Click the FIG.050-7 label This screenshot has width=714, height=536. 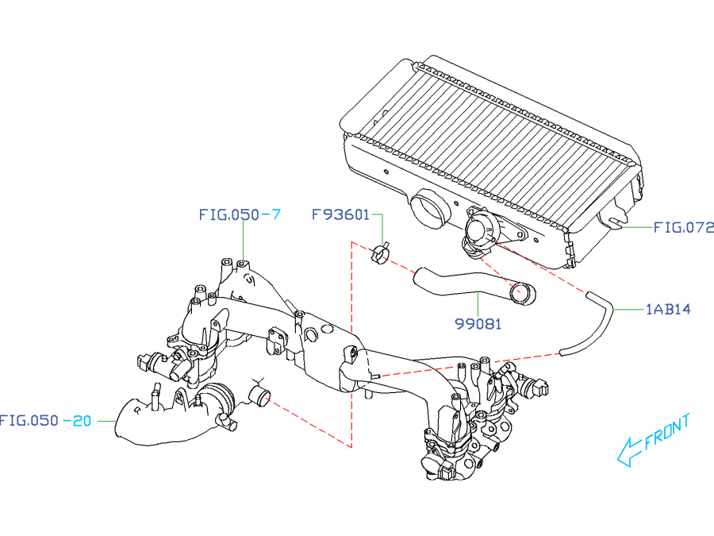click(x=239, y=214)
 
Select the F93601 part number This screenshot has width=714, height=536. click(x=340, y=214)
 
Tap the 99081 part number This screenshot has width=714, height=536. click(x=478, y=324)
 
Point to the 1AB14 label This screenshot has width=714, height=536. click(x=668, y=308)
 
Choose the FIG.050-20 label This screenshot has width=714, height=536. click(x=46, y=421)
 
